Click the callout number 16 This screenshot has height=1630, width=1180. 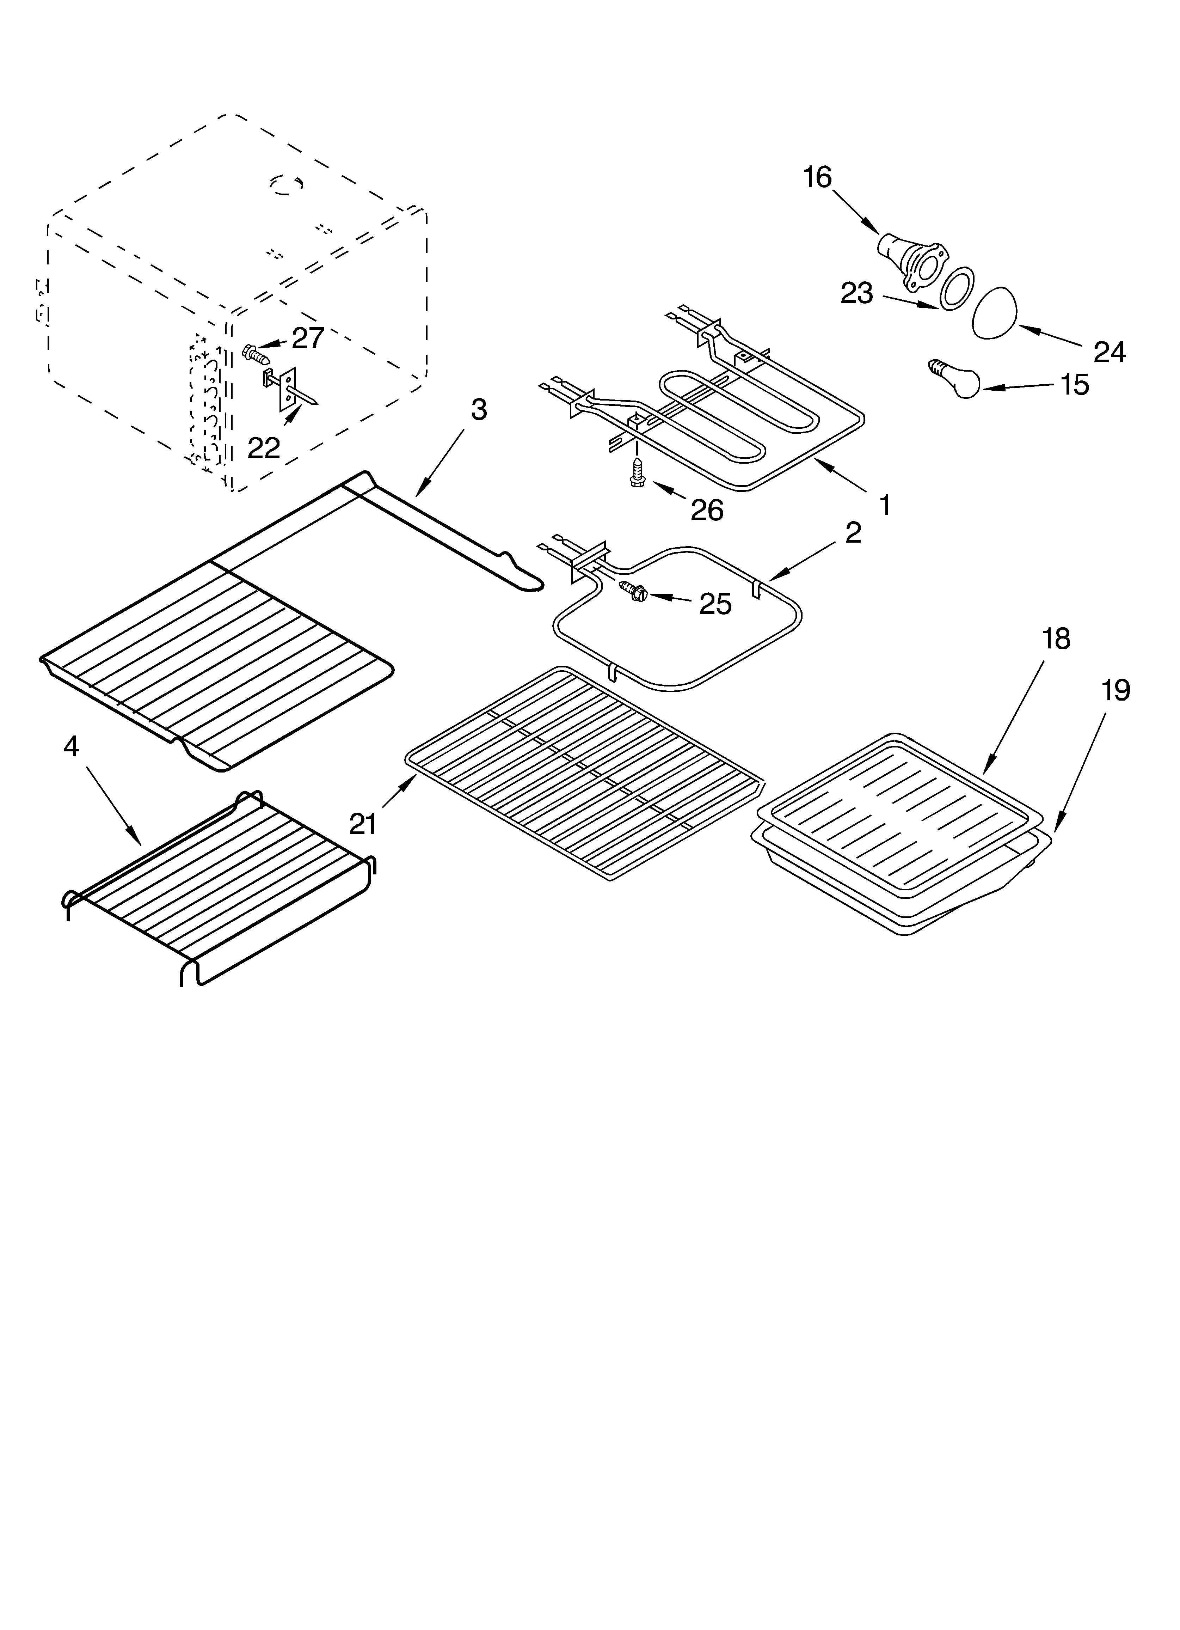817,177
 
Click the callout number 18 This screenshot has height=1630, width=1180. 1056,638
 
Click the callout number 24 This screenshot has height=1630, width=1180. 1110,352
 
